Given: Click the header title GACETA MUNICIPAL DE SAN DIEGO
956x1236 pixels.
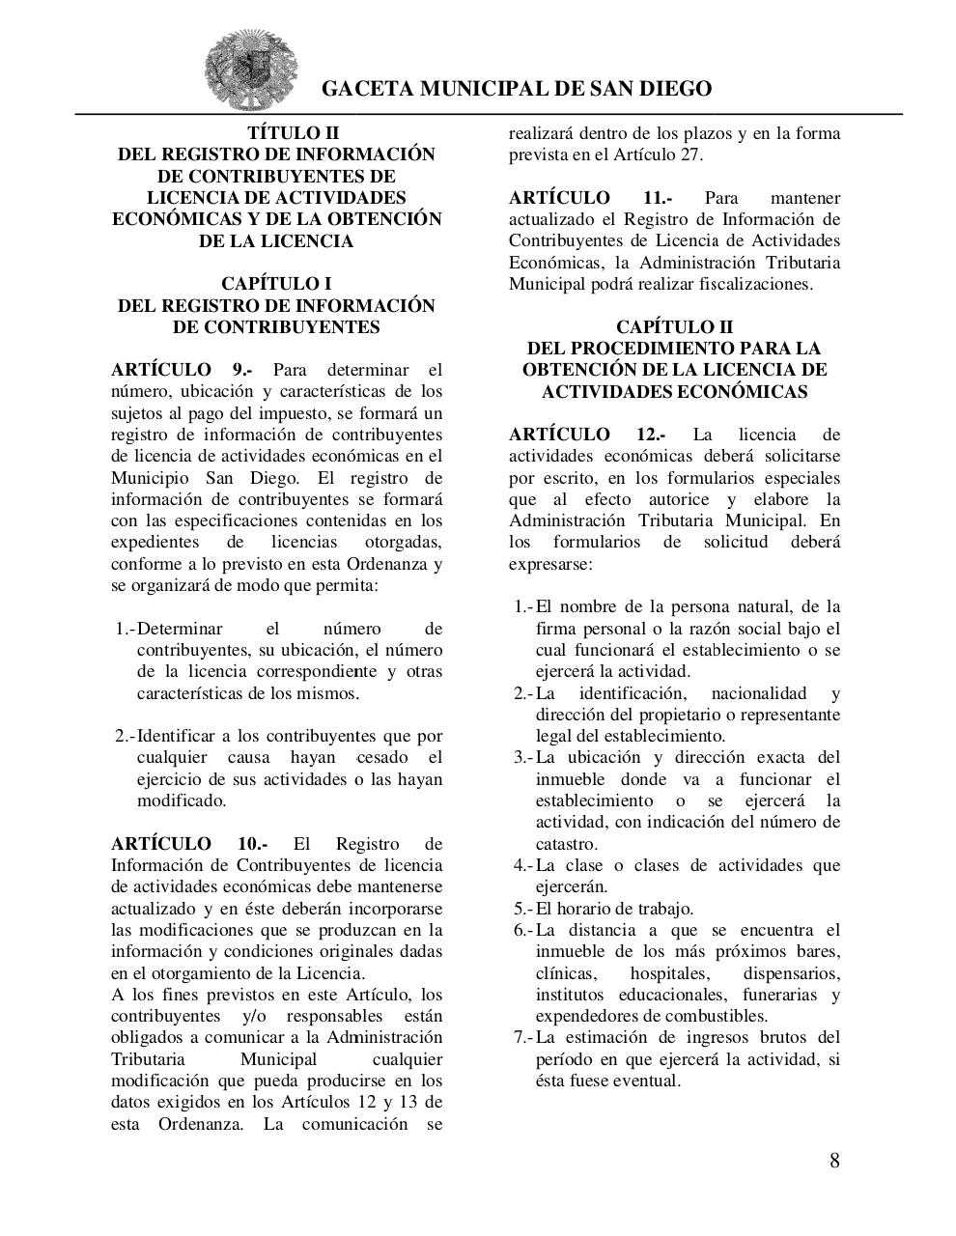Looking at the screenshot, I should (516, 89).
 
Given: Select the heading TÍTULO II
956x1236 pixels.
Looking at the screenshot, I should (276, 133).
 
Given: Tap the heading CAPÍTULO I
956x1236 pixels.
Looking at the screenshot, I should (276, 284).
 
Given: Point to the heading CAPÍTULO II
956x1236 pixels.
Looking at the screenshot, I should (674, 327).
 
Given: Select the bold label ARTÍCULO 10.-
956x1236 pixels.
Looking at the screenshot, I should (189, 844).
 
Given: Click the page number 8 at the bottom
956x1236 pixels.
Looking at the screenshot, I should (834, 1160).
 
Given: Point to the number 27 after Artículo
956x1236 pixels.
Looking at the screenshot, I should (691, 154).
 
